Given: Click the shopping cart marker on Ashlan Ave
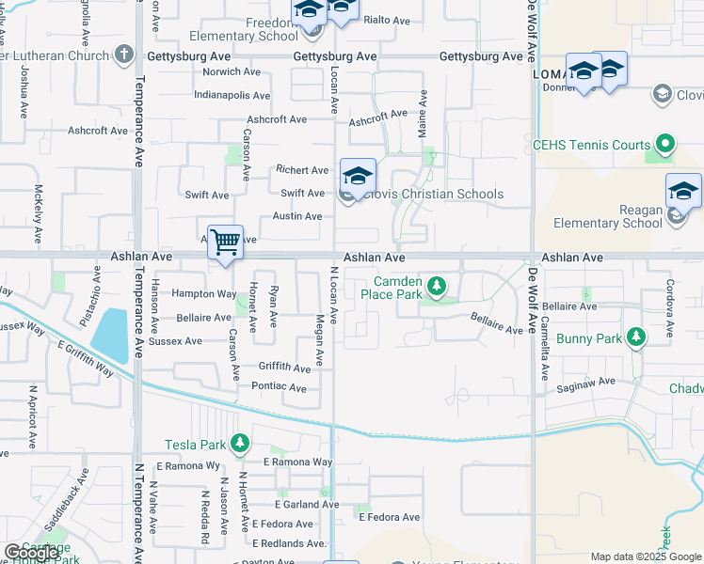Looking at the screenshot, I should pyautogui.click(x=226, y=243).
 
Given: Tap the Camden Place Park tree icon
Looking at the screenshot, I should pyautogui.click(x=436, y=284).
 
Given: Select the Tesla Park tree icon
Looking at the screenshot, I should pyautogui.click(x=240, y=443).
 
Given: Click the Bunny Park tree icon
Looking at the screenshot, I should pyautogui.click(x=636, y=337).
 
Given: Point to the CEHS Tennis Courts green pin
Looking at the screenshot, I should pyautogui.click(x=665, y=146).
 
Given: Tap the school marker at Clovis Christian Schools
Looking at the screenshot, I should pyautogui.click(x=358, y=176).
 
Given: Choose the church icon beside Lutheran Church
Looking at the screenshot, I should pyautogui.click(x=123, y=55).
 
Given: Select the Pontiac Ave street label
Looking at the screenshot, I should pyautogui.click(x=279, y=387).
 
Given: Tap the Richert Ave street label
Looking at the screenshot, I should pyautogui.click(x=302, y=170).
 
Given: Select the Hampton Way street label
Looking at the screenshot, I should pyautogui.click(x=204, y=294).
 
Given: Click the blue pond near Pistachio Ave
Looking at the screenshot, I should pyautogui.click(x=111, y=334).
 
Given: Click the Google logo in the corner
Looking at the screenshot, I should pyautogui.click(x=32, y=553).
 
